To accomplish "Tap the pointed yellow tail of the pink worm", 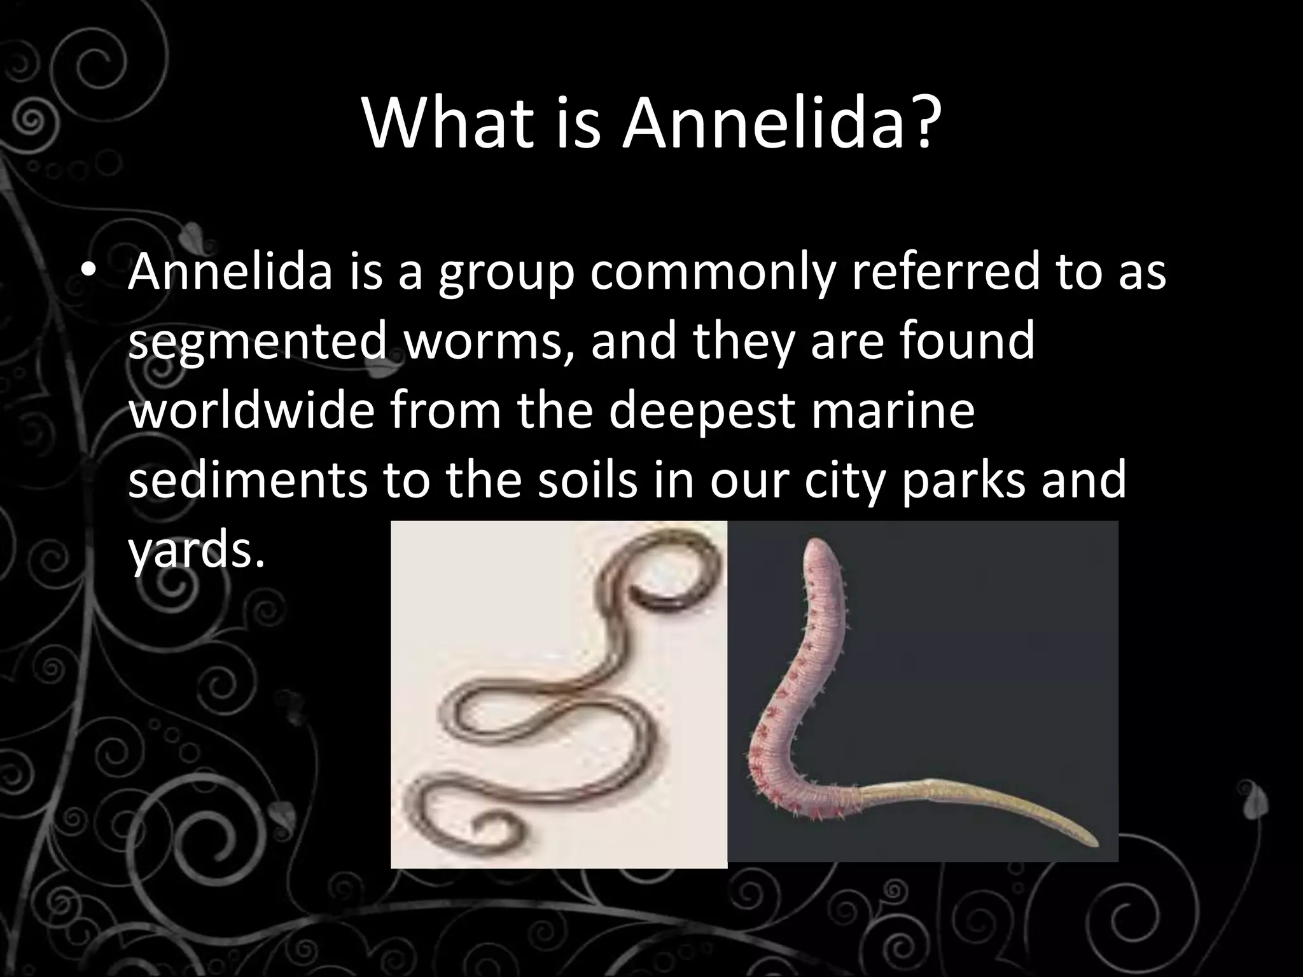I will pos(1091,840).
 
